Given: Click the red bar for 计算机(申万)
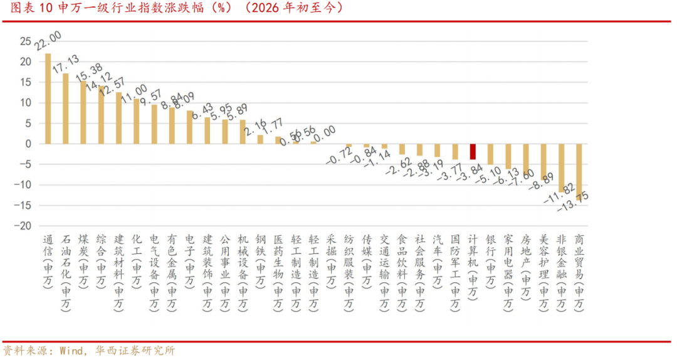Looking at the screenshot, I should click(473, 152).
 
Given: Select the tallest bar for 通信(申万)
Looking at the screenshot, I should click(48, 98).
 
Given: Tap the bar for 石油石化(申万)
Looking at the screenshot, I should click(66, 109).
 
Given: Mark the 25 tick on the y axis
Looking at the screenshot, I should click(25, 41).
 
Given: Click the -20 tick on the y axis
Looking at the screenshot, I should click(23, 226).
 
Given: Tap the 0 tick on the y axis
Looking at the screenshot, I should click(28, 144).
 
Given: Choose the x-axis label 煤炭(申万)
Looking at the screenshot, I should click(83, 260).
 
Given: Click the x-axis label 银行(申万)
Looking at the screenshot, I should click(491, 260).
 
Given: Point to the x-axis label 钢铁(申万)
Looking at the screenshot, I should click(260, 260).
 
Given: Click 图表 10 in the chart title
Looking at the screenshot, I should click(28, 9).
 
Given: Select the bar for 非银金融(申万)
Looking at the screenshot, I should click(562, 167).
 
